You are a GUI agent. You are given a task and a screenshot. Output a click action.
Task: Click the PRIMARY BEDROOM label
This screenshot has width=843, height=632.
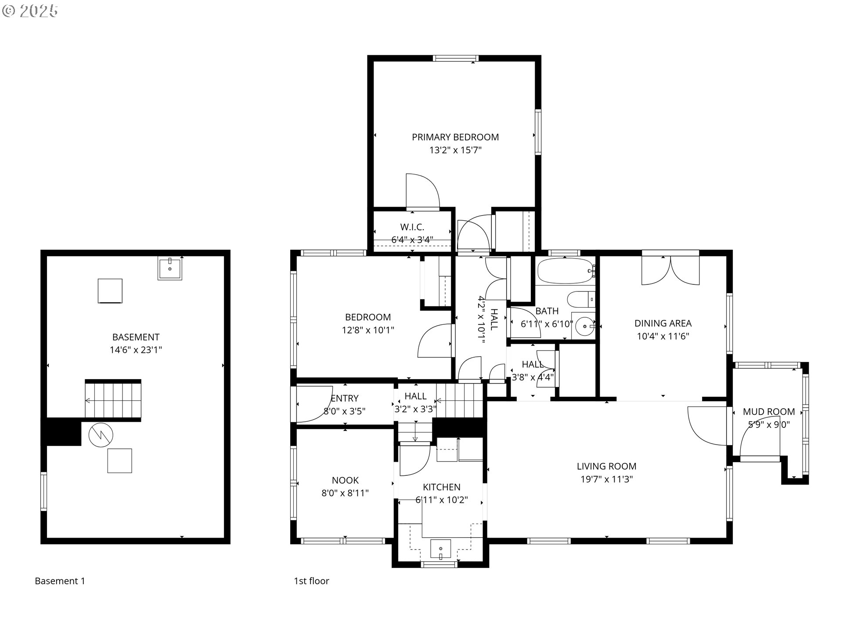point(455,137)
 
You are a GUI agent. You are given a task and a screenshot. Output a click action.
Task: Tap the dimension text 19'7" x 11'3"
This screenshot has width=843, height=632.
point(606,479)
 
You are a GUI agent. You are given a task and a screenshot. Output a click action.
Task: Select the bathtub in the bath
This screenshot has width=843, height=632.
point(564,271)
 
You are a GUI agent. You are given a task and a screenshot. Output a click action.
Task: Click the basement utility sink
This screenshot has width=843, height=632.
point(169,269)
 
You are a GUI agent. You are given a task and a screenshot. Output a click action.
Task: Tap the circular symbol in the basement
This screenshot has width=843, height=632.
point(101,435)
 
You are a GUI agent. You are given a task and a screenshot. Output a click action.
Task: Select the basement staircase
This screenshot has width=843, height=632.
point(113,400)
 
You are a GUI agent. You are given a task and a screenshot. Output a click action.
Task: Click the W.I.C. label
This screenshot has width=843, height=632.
point(412,227)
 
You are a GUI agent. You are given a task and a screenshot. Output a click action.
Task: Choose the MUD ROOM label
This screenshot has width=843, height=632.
point(768,412)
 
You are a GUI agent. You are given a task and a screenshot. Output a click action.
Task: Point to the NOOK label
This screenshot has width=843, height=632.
point(345,480)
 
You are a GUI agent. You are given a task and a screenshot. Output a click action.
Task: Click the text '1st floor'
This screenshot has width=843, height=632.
point(311,581)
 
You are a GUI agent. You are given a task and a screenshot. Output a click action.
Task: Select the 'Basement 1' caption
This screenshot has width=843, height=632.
point(60,581)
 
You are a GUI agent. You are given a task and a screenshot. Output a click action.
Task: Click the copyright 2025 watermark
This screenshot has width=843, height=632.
point(30,11)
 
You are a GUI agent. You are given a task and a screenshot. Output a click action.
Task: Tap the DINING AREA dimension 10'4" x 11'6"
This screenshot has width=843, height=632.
point(663,337)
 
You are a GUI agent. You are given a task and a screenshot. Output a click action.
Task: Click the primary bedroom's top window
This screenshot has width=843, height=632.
point(455,58)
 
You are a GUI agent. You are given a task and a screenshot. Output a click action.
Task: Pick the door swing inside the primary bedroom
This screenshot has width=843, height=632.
point(421,191)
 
